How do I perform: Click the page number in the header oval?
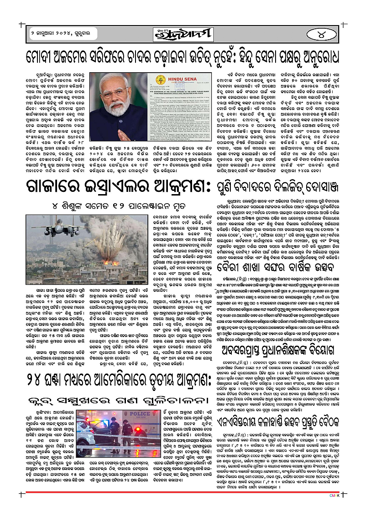[324, 35]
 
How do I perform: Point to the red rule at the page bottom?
[182, 505]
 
